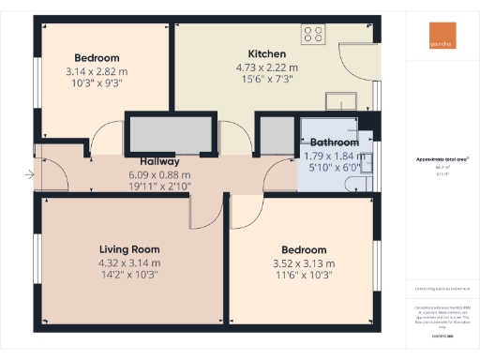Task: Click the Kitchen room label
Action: tap(267, 53)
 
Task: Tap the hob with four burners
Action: tap(313, 35)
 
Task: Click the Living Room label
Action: tap(130, 249)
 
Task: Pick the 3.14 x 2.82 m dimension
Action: tap(96, 71)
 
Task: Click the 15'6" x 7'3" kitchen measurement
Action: tap(267, 81)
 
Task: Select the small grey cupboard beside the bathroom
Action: tap(275, 135)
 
